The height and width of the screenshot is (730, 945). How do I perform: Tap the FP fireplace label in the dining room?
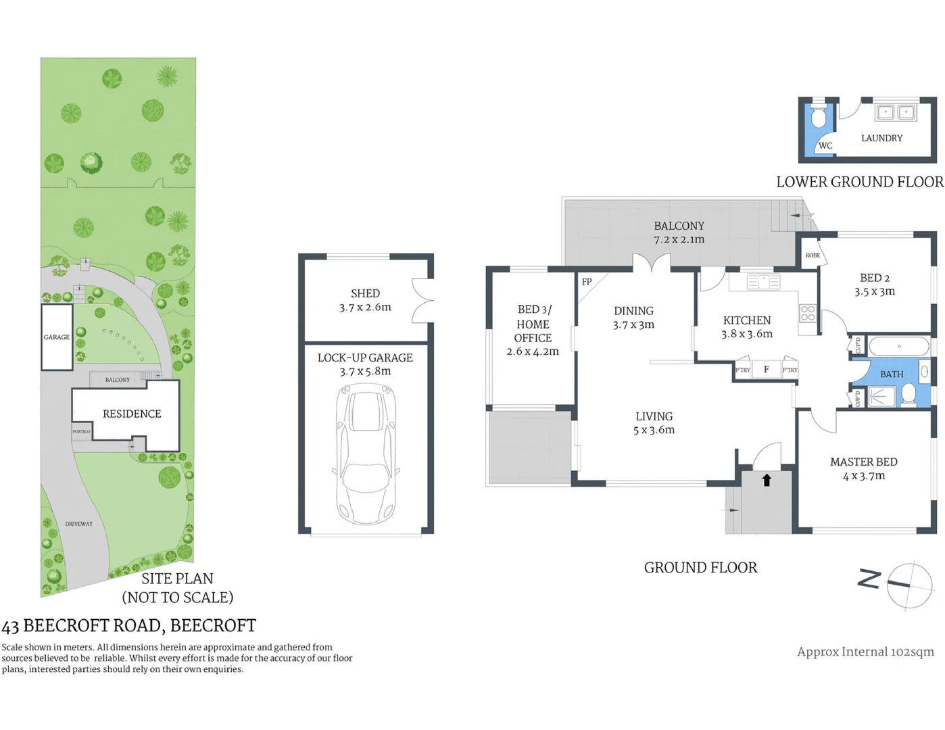tap(587, 282)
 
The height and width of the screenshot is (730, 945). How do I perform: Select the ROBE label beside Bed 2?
tap(813, 255)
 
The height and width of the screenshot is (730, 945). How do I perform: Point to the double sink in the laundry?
tap(895, 112)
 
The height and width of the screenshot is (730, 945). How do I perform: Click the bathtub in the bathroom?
tap(898, 347)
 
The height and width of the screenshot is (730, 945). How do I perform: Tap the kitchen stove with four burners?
tap(808, 313)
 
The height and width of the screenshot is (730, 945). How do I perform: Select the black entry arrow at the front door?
tap(767, 480)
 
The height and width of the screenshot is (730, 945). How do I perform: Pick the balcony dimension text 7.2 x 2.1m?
tap(679, 239)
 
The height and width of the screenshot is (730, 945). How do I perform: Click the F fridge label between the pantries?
tap(766, 369)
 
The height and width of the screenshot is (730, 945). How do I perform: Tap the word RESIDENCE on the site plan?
tap(132, 414)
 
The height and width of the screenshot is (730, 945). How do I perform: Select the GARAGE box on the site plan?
tap(57, 337)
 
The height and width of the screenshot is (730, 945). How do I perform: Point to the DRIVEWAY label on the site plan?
tap(79, 524)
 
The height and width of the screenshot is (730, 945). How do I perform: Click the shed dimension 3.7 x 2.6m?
tap(365, 307)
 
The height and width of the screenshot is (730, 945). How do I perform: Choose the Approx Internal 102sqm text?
tap(865, 652)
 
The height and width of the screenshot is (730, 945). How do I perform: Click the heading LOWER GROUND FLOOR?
tap(859, 182)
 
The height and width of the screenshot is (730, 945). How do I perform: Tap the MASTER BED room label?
tap(863, 462)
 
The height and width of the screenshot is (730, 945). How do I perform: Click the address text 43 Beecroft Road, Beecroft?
tap(129, 626)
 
